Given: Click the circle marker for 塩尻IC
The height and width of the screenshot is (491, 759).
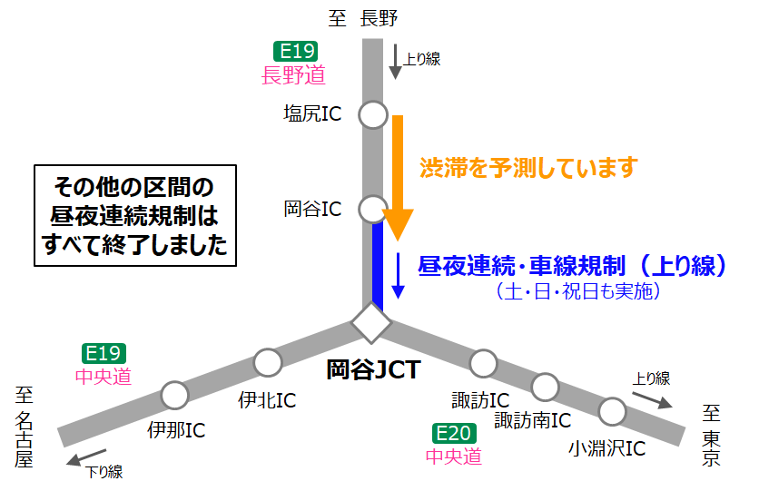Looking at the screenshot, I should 372,115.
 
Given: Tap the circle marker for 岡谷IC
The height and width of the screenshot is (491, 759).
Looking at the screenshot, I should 372,210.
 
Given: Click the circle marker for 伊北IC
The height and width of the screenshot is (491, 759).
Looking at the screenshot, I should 268,362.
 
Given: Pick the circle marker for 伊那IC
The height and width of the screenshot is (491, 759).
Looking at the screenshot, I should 174,395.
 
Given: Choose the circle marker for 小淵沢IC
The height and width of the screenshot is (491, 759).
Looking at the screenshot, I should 612,412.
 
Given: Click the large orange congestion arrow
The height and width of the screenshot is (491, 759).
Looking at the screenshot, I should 397,177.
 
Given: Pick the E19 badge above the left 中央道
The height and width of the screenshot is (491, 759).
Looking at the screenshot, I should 104,353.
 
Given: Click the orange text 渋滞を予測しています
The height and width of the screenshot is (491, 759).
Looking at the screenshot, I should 528,167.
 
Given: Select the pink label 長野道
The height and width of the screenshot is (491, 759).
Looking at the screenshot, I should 293,75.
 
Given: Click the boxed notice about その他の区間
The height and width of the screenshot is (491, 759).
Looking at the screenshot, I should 135,215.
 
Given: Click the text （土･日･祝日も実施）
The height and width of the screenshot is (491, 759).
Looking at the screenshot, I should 577,291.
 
